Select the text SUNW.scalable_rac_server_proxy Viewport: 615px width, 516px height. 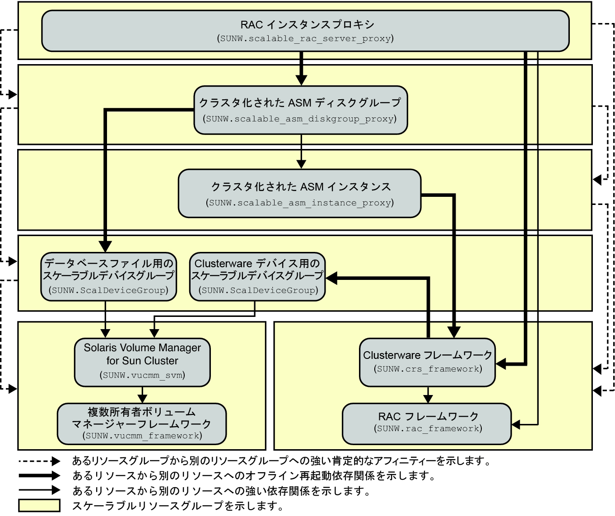pyautogui.click(x=305, y=39)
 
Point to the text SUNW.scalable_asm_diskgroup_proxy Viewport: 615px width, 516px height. pyautogui.click(x=301, y=119)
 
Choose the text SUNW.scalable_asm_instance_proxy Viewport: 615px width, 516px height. pyautogui.click(x=300, y=203)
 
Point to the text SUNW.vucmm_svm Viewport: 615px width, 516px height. pyautogui.click(x=142, y=375)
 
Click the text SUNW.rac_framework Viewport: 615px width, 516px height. pyautogui.click(x=428, y=429)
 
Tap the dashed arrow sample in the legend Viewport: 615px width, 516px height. pyautogui.click(x=39, y=461)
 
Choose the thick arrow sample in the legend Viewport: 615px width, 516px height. pyautogui.click(x=39, y=475)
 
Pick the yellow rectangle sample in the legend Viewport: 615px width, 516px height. pyautogui.click(x=39, y=505)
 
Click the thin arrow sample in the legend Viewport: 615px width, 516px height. pyautogui.click(x=39, y=490)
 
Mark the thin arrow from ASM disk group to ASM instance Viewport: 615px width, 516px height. pyautogui.click(x=301, y=152)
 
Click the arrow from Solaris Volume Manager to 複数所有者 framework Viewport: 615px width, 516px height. pyautogui.click(x=143, y=395)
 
